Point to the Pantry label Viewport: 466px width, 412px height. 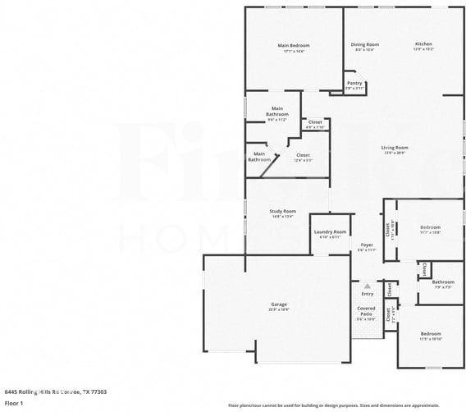tap(354, 83)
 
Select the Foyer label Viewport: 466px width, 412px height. tap(367, 245)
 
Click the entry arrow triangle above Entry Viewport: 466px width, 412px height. tap(368, 286)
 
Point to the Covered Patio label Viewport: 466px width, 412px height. tap(366, 311)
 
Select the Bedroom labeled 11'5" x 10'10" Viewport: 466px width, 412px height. tap(431, 334)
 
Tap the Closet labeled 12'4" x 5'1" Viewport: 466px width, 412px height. tap(303, 155)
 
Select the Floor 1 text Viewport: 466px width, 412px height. tap(14, 404)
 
